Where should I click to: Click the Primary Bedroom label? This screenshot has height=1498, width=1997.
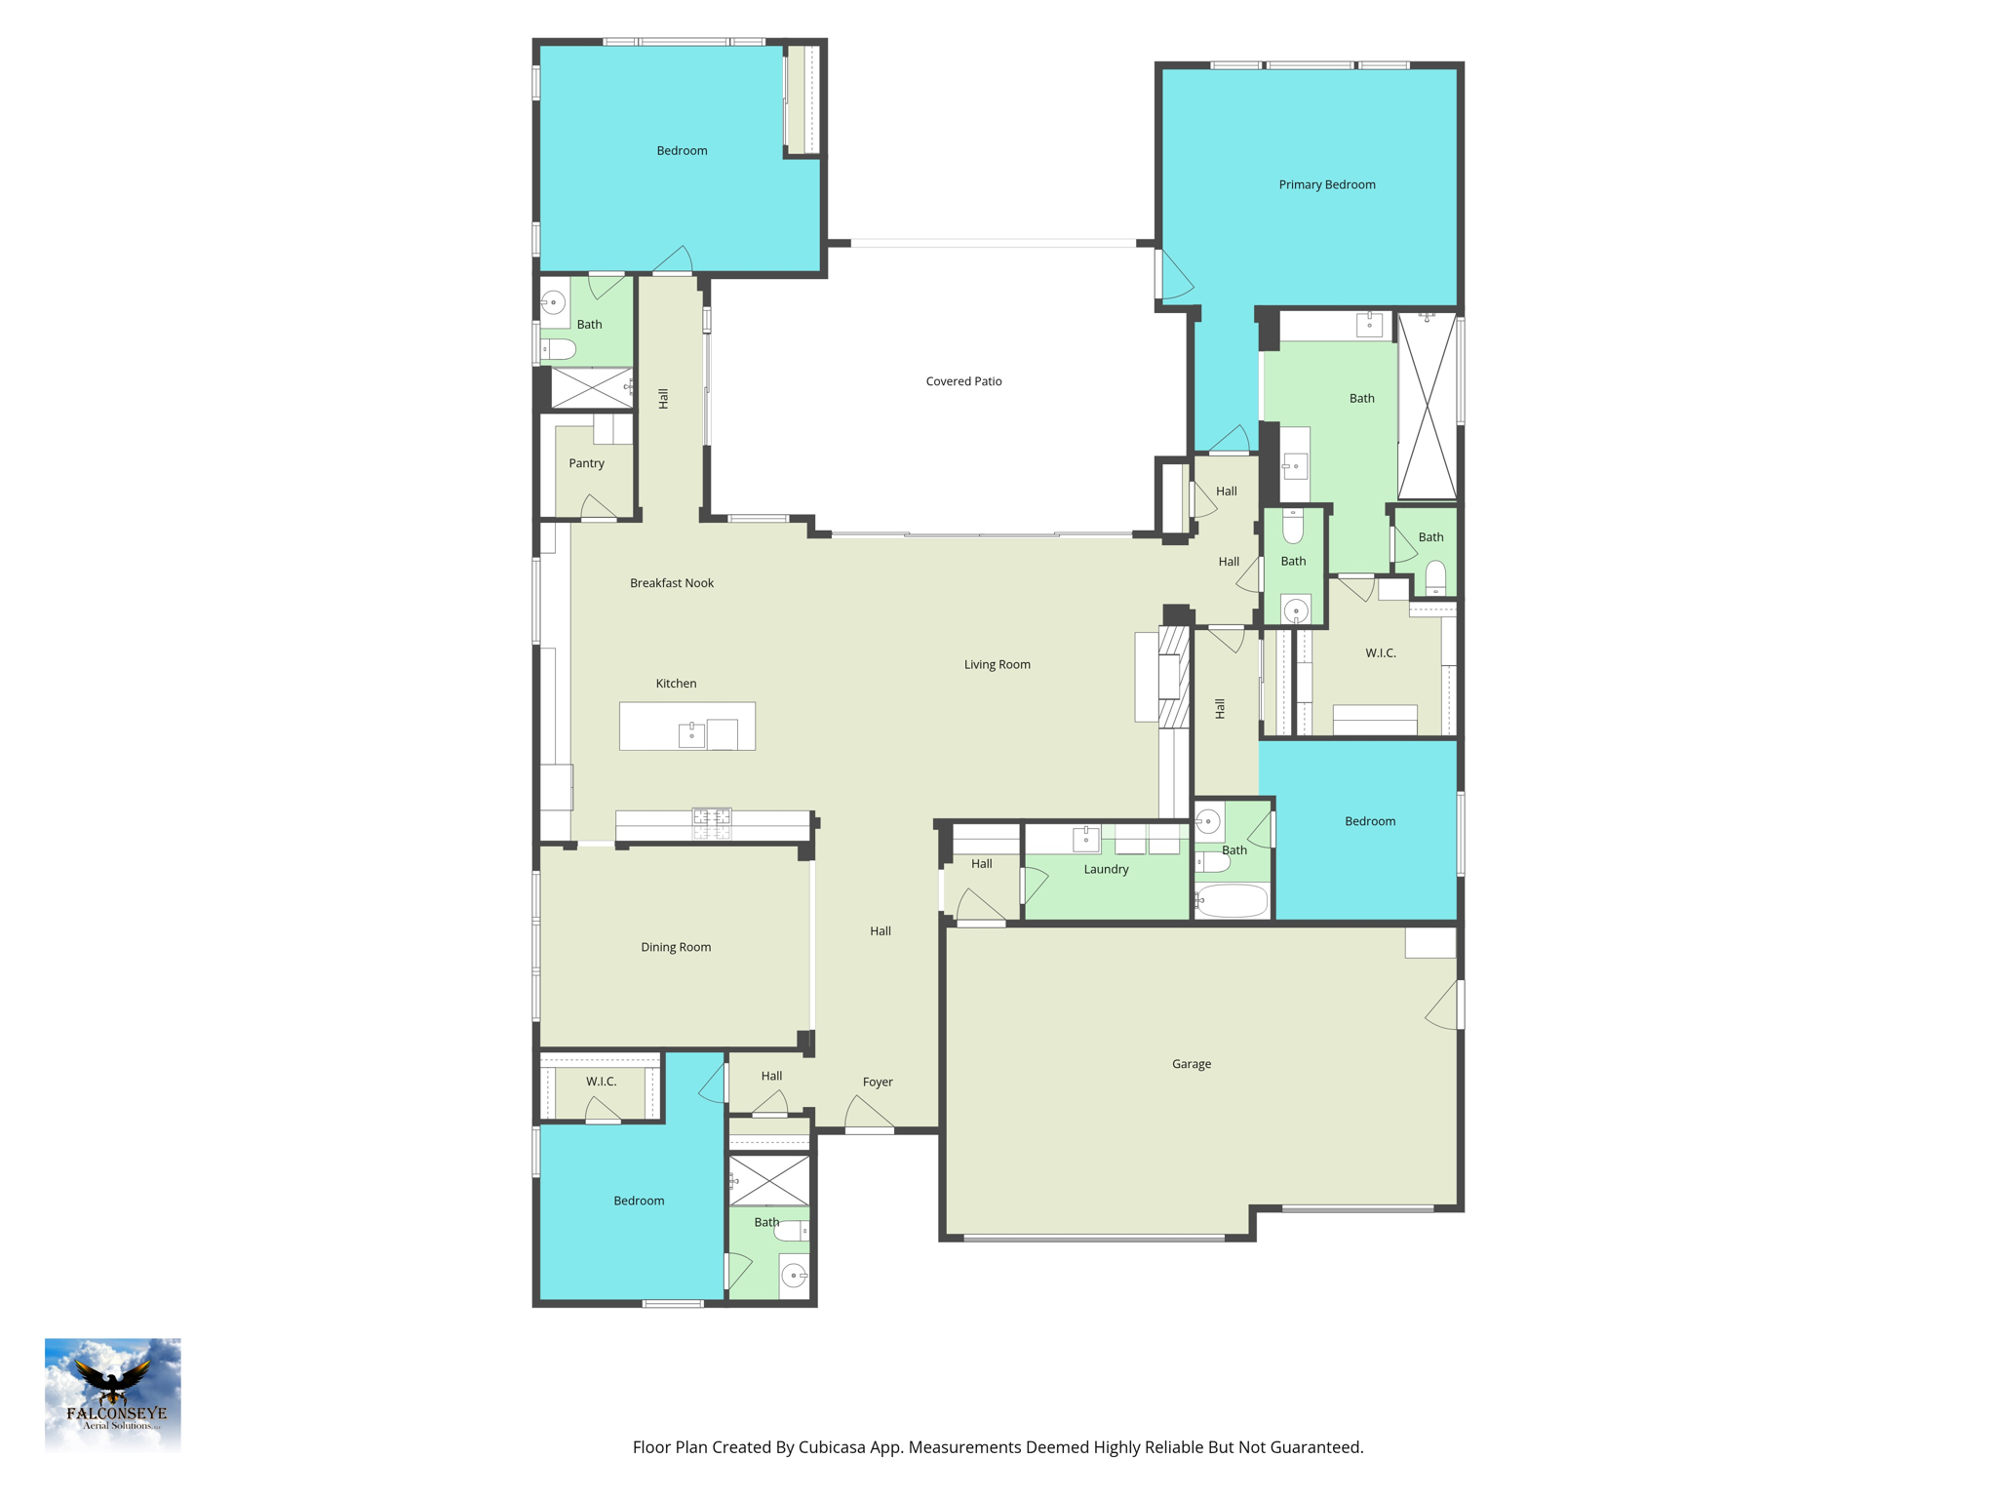coord(1327,184)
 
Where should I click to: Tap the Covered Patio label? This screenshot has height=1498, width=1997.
coord(963,381)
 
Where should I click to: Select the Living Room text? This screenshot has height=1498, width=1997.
coord(997,664)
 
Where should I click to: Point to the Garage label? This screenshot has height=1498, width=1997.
coord(1191,1064)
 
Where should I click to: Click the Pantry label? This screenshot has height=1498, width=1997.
coord(586,463)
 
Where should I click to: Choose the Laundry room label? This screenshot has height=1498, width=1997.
coord(1106,869)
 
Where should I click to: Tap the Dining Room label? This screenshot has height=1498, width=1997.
coord(676,947)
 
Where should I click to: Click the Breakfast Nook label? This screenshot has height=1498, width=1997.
coord(671,583)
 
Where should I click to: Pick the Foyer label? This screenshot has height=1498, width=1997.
coord(878,1082)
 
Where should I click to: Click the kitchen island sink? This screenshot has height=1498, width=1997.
coord(691,733)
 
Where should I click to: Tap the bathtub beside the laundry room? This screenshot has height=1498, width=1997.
coord(1233,901)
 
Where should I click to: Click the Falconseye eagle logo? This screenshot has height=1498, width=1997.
coord(113,1395)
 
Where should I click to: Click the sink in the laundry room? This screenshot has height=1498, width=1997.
coord(1086,838)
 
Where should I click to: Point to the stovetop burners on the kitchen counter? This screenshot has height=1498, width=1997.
coord(712,823)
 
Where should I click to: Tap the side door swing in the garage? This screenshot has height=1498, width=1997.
coord(1443,1005)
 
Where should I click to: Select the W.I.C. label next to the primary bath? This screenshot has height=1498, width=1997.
coord(1380,652)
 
